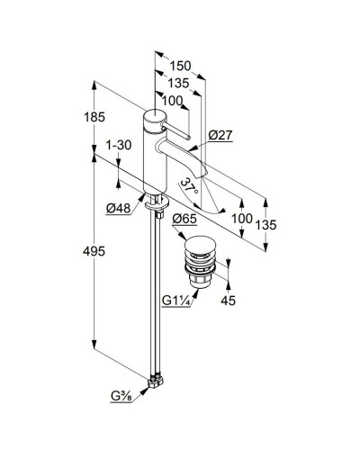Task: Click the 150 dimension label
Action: (x=180, y=66)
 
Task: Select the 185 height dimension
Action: (x=94, y=117)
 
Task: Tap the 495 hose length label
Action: (x=94, y=251)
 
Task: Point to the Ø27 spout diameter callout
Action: (x=220, y=135)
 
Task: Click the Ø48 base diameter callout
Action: (x=119, y=208)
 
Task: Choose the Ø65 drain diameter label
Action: (x=184, y=219)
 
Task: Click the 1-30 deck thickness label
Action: (x=119, y=145)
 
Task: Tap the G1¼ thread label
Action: (x=176, y=300)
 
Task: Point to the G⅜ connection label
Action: (x=121, y=396)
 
